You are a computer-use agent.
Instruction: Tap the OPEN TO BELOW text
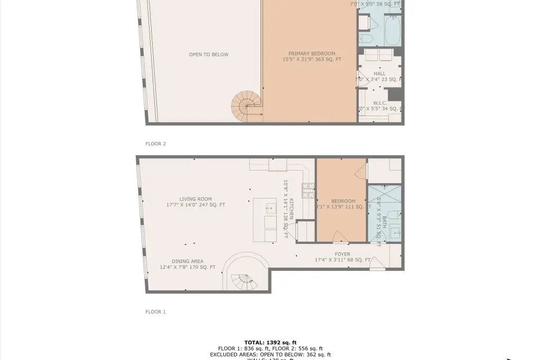tap(209, 54)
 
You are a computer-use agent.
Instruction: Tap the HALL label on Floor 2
tap(379, 74)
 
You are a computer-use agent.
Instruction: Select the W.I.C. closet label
tap(380, 103)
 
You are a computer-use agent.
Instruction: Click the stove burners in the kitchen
tap(307, 190)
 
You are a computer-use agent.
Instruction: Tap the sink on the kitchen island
tap(270, 207)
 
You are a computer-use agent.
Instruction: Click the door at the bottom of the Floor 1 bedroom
tap(341, 238)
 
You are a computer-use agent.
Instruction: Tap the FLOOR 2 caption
tap(155, 144)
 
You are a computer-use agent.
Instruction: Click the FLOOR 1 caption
tap(155, 312)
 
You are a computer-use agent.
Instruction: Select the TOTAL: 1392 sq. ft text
tap(270, 343)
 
